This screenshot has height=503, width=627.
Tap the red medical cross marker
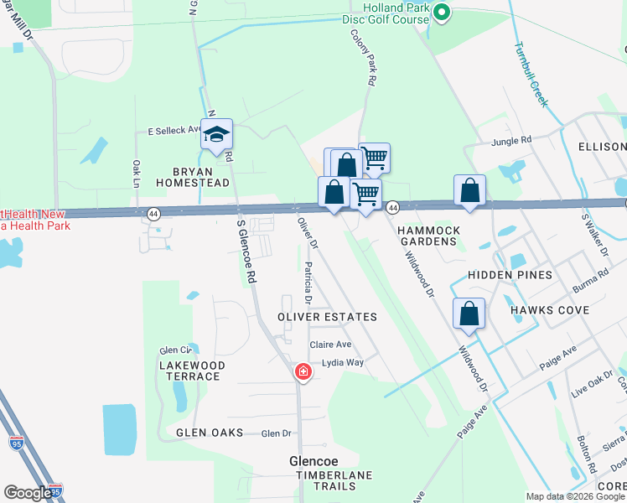(x=303, y=371)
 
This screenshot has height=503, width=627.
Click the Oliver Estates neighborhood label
(x=328, y=318)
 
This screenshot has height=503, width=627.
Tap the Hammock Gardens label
(x=427, y=236)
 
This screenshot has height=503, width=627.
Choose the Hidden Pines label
(x=510, y=275)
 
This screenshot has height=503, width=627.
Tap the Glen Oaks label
(x=210, y=433)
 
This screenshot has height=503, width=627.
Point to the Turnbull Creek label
(x=531, y=75)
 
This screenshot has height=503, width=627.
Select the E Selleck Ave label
(x=175, y=131)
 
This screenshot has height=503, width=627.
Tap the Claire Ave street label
(x=330, y=345)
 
